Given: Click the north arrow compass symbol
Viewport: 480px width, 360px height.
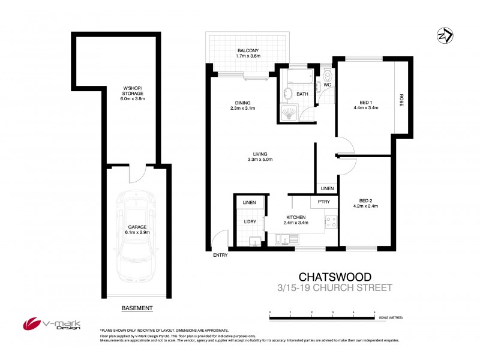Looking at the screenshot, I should [x=445, y=36].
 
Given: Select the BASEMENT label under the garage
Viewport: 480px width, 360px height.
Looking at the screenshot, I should [x=137, y=308].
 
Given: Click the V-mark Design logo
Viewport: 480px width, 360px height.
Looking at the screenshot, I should [x=52, y=324].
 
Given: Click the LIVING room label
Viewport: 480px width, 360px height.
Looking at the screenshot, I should [x=260, y=154].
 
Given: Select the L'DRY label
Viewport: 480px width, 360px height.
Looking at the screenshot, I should [x=250, y=222].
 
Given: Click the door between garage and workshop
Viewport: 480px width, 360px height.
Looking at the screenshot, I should [x=137, y=174].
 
